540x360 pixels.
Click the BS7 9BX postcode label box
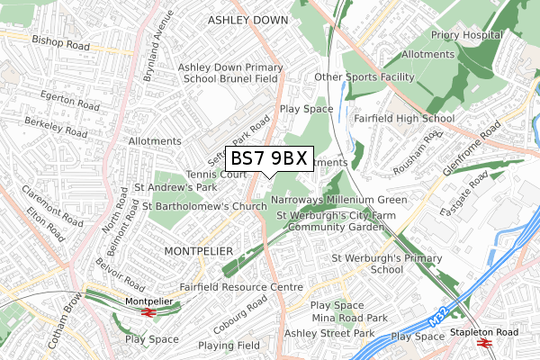pyautogui.click(x=269, y=158)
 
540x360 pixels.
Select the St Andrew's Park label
pyautogui.click(x=175, y=188)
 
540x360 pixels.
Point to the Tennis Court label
pyautogui.click(x=216, y=174)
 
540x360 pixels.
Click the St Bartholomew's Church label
pyautogui.click(x=205, y=206)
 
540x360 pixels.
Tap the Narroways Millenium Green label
pyautogui.click(x=338, y=200)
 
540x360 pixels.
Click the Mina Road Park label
pyautogui.click(x=349, y=319)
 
